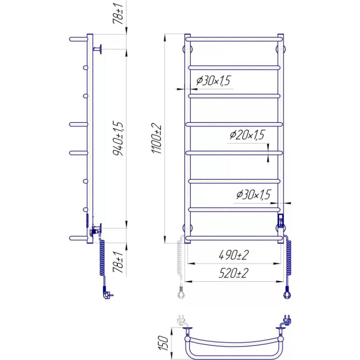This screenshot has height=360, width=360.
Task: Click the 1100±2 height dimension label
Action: [157, 138]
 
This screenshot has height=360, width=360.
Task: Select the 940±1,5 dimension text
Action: [118, 138]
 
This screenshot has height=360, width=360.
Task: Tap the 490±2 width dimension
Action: [234, 255]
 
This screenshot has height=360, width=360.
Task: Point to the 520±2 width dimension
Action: [234, 273]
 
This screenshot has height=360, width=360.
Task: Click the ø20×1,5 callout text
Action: [247, 135]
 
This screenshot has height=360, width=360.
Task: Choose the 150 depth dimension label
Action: [163, 343]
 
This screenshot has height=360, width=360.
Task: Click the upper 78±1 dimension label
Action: [118, 14]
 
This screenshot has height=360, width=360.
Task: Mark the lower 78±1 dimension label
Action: [118, 262]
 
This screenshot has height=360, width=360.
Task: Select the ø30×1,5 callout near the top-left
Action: [213, 81]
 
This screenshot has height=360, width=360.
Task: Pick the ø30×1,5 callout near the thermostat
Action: [254, 195]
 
